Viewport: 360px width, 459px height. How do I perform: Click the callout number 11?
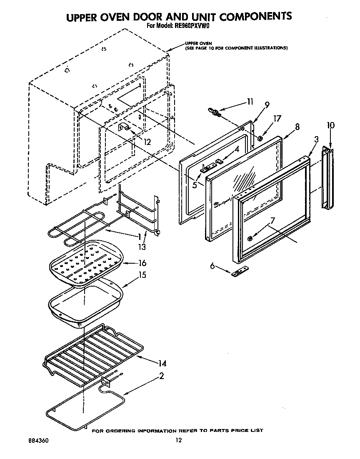[x=250, y=101]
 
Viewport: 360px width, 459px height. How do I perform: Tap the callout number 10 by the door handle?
[x=330, y=125]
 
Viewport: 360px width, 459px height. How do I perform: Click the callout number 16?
[x=142, y=263]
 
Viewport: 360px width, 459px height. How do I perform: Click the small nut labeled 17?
[x=259, y=138]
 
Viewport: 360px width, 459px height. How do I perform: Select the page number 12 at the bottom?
[x=178, y=441]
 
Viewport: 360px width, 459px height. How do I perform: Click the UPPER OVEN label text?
[x=199, y=43]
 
